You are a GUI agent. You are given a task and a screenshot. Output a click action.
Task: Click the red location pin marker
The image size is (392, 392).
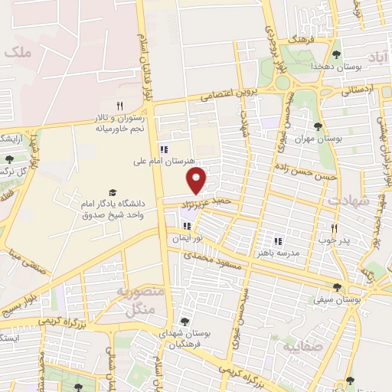[x=198, y=181]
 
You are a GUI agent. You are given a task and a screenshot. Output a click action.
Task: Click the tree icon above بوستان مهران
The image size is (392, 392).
[x=318, y=126]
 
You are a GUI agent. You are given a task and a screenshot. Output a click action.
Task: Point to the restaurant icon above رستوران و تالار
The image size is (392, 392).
[x=119, y=106]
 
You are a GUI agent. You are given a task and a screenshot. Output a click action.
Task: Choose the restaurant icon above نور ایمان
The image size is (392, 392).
[x=188, y=226]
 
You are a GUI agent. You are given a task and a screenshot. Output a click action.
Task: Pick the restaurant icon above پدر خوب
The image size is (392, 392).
[x=334, y=228]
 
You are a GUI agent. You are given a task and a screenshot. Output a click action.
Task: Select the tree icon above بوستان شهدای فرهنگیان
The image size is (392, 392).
[x=184, y=321]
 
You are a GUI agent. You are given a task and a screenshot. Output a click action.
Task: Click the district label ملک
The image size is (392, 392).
[x=16, y=53]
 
